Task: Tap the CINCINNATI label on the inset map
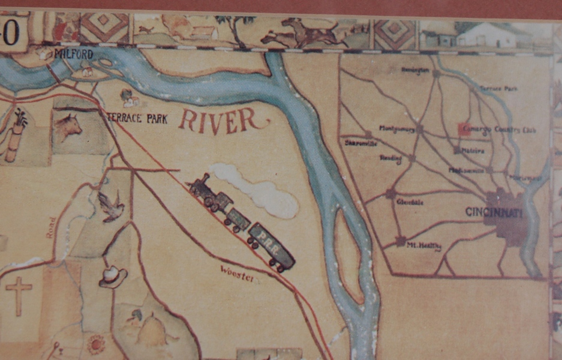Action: pyautogui.click(x=494, y=212)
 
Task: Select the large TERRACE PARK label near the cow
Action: pyautogui.click(x=137, y=118)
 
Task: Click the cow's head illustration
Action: pyautogui.click(x=68, y=127)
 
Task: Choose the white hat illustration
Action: pyautogui.click(x=112, y=277)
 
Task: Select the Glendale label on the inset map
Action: pyautogui.click(x=410, y=202)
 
